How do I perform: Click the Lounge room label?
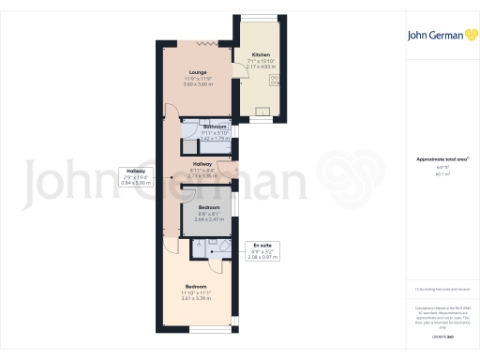pyautogui.click(x=196, y=71)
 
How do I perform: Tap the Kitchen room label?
pyautogui.click(x=259, y=55)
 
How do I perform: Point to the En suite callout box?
pyautogui.click(x=262, y=252)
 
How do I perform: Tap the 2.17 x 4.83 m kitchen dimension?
pyautogui.click(x=259, y=67)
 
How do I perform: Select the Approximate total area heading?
pyautogui.click(x=441, y=160)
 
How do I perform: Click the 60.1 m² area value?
pyautogui.click(x=442, y=173)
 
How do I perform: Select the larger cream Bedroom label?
pyautogui.click(x=196, y=285)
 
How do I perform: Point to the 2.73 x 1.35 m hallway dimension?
pyautogui.click(x=202, y=175)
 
